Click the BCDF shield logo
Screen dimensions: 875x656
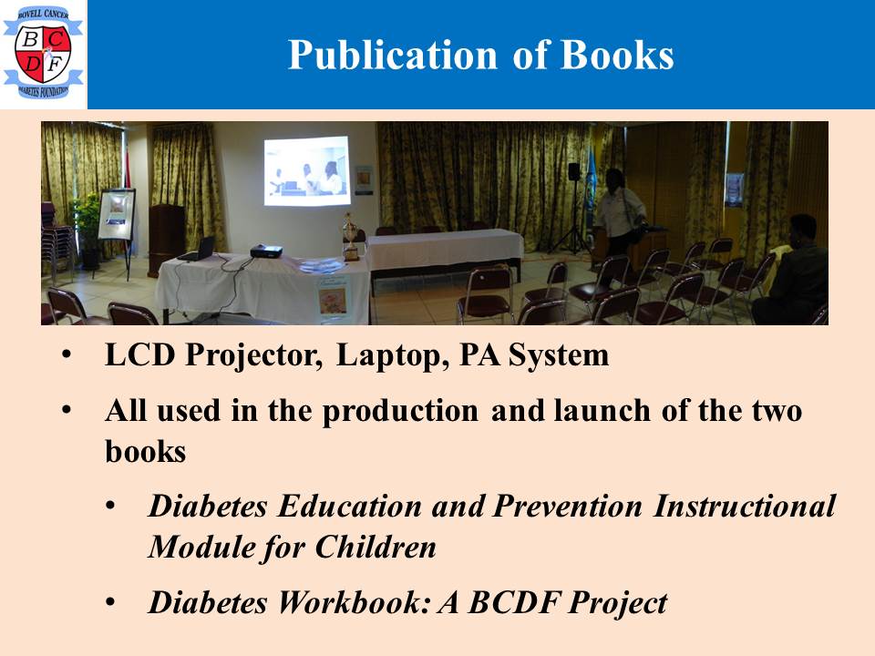(43, 53)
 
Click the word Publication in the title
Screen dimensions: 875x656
(392, 56)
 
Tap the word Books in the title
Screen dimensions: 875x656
(617, 55)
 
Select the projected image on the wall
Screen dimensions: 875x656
(307, 170)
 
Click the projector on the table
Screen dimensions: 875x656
(266, 251)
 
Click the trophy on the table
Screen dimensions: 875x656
(350, 237)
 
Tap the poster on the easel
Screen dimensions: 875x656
(117, 214)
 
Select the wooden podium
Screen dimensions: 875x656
(166, 240)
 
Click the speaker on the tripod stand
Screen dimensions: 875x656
(573, 172)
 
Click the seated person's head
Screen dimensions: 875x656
(804, 230)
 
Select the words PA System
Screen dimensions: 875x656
(533, 354)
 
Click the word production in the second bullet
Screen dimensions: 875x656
(400, 412)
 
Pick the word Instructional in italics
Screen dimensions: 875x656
(745, 507)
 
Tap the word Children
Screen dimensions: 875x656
(376, 547)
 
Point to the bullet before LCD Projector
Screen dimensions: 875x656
(67, 355)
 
